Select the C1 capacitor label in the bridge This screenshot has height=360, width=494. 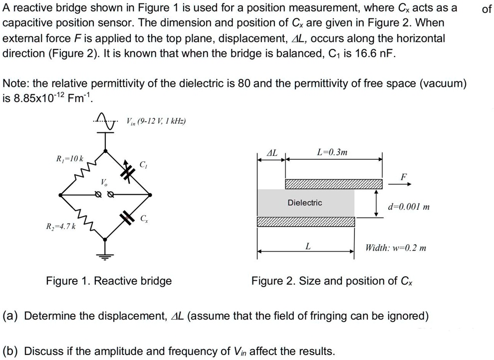pos(143,165)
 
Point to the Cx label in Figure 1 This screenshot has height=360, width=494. pos(144,218)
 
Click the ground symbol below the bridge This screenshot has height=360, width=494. pos(105,256)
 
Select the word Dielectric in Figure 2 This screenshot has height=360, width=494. pos(304,203)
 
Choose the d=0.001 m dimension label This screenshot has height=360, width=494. pos(409,206)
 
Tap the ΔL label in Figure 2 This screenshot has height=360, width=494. pos(273,151)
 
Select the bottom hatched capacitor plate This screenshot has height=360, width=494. pos(306,222)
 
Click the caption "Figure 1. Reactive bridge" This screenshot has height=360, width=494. pos(109,281)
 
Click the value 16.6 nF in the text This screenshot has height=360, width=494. pos(372,53)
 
